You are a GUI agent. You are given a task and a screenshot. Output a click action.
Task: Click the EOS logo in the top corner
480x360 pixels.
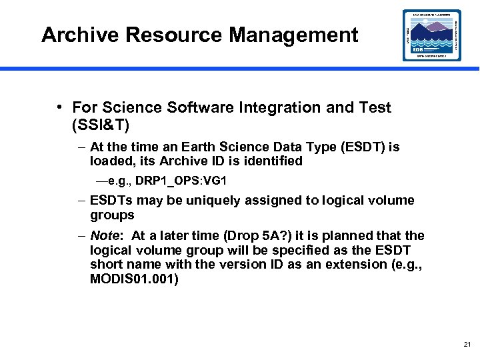(431, 35)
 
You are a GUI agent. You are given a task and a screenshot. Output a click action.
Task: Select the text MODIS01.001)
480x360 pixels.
(134, 279)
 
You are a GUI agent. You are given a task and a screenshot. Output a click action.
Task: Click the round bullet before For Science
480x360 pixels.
(60, 107)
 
